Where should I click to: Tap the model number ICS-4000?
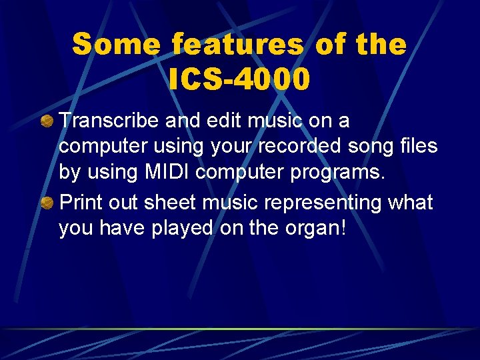240,79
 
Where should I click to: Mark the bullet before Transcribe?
47,121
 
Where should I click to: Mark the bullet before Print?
47,201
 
